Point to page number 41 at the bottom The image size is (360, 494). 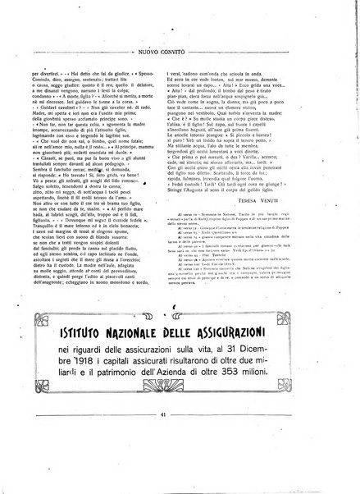pos(180,460)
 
